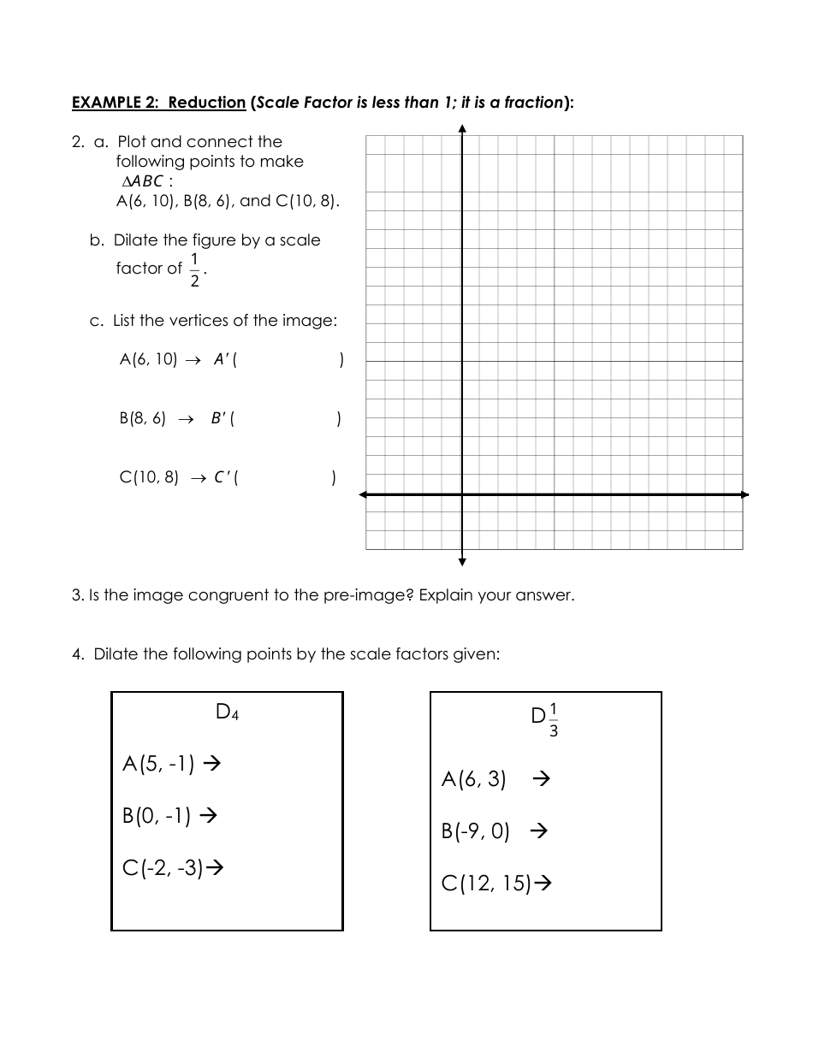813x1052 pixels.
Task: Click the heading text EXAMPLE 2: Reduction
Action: coord(159,103)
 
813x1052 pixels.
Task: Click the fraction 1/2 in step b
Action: coord(194,269)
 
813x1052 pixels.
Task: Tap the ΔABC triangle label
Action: coord(142,181)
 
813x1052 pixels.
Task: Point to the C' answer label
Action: coord(221,478)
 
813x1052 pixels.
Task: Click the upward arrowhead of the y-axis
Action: coord(462,129)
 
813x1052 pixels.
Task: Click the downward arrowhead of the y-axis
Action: coord(462,562)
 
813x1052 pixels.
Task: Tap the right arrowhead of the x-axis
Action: coord(744,494)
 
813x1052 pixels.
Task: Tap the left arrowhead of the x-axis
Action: coord(364,494)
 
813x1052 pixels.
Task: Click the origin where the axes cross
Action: coord(462,494)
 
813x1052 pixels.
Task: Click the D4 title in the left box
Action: coord(227,712)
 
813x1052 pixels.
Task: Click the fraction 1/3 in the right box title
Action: coord(554,720)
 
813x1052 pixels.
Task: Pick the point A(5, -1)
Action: coord(158,763)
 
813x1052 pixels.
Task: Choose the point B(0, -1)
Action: coord(157,816)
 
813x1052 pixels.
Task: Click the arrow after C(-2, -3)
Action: coord(216,868)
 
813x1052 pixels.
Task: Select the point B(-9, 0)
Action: coord(476,831)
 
